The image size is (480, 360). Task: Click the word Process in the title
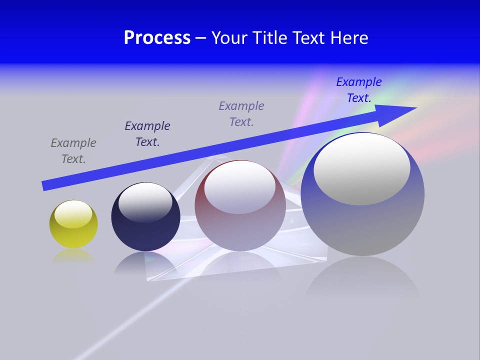tap(157, 38)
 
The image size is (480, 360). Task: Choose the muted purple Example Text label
tap(241, 114)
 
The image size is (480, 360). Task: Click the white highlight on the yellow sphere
tap(73, 214)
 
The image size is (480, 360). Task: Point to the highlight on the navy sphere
tap(145, 201)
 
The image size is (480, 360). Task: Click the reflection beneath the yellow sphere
tap(73, 255)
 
